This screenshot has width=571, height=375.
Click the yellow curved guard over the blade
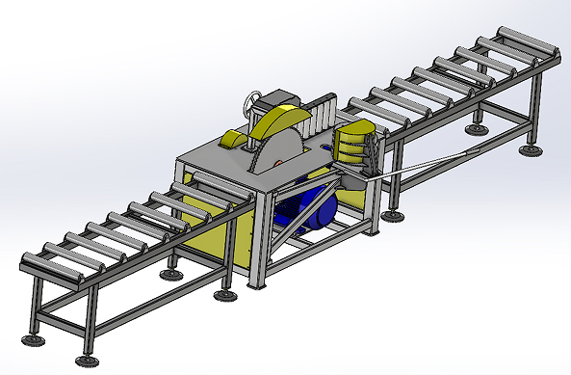click(284, 120)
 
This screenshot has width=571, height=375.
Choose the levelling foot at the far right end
click(529, 149)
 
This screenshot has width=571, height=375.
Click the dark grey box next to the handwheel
click(283, 99)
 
